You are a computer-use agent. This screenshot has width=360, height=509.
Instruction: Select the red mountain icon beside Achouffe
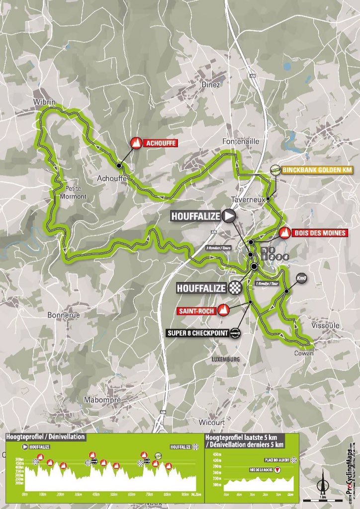click(135, 143)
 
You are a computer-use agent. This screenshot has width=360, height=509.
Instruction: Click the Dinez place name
click(211, 85)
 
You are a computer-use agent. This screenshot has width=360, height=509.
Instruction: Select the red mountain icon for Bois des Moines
click(285, 232)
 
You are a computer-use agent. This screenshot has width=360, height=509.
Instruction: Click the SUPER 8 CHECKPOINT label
click(201, 334)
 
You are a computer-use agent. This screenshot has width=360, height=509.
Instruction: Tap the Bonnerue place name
click(62, 315)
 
